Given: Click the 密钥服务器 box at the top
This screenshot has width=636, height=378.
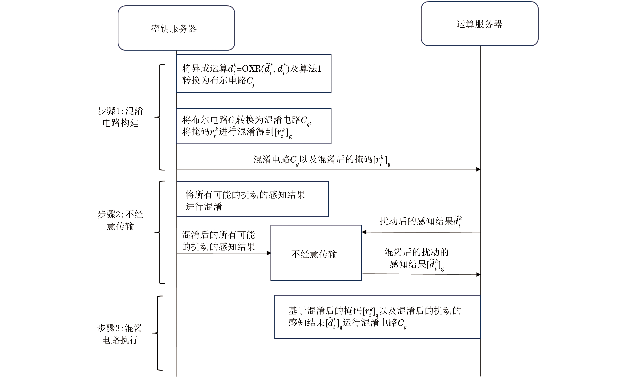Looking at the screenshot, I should click(x=176, y=28).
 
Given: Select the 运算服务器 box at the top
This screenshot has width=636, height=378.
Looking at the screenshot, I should click(x=479, y=24).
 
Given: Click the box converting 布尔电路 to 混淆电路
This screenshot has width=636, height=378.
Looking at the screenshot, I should click(x=254, y=126).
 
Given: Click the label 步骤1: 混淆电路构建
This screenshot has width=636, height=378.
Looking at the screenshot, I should click(x=120, y=117).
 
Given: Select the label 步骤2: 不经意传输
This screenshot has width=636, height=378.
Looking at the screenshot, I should click(x=120, y=220).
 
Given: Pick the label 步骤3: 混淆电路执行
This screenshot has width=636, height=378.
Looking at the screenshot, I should click(x=120, y=334).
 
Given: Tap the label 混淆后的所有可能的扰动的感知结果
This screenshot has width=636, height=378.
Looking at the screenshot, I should click(x=218, y=240).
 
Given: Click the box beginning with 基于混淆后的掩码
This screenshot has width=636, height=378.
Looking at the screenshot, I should click(x=377, y=317).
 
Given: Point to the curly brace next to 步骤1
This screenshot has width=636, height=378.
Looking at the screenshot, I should click(x=159, y=117).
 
